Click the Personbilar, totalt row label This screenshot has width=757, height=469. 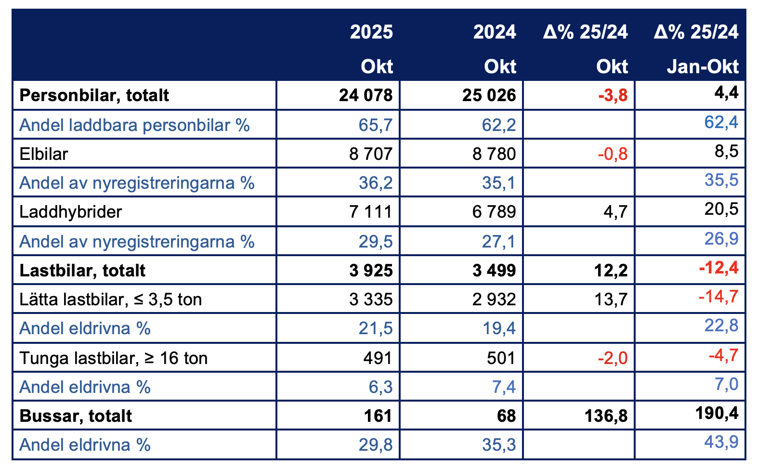click(94, 95)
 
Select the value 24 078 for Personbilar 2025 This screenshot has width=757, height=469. click(365, 95)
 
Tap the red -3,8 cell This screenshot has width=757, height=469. click(613, 95)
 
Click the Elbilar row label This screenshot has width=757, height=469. click(44, 154)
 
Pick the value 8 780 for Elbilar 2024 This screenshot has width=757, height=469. click(494, 154)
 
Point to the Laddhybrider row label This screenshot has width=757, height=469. click(71, 212)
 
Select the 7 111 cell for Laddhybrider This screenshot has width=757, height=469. click(371, 212)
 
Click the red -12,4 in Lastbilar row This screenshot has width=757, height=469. click(718, 268)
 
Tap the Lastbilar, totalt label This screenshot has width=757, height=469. click(82, 271)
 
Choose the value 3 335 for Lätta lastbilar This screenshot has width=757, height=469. click(371, 300)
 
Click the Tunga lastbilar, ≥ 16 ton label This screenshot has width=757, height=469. click(114, 358)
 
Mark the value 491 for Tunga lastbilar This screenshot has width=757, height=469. click(378, 358)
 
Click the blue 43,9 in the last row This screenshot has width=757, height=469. click(721, 442)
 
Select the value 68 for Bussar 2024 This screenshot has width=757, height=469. click(506, 416)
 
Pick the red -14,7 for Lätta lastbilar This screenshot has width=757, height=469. click(718, 297)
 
